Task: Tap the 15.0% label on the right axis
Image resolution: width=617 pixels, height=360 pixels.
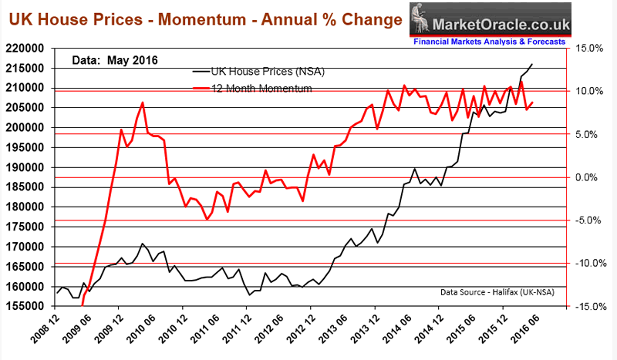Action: coord(589,48)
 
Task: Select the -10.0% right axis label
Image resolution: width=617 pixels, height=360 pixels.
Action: coord(588,264)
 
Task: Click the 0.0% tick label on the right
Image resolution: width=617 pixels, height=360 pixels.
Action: coord(591,177)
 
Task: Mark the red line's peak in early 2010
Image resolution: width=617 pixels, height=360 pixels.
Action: coord(142,103)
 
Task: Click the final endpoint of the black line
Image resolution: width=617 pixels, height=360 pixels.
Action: coord(532,64)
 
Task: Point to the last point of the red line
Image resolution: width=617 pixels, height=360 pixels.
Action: coord(532,103)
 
